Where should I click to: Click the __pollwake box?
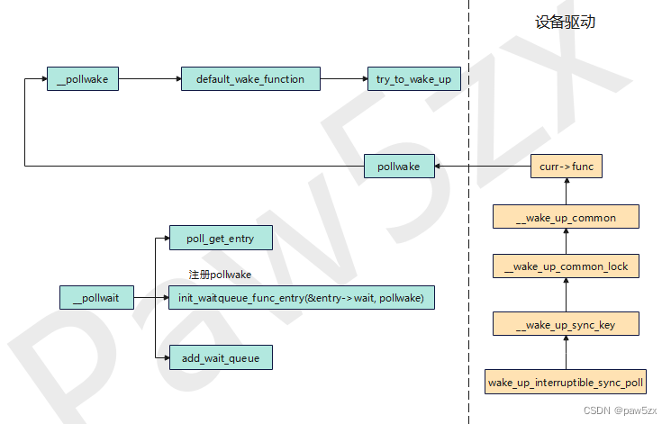tap(82, 79)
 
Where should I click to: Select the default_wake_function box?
tap(250, 79)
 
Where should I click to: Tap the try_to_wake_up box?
tap(414, 79)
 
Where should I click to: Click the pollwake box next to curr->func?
tap(399, 167)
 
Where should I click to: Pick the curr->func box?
tap(566, 167)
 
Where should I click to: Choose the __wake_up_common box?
tap(566, 217)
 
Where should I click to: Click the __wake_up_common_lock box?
tap(566, 266)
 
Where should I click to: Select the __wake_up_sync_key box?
tap(566, 324)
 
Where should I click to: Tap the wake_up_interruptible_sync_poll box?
tap(566, 382)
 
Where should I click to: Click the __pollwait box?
tap(96, 298)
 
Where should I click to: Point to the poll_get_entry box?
tap(220, 239)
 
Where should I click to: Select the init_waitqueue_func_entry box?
tap(301, 298)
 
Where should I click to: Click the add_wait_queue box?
tap(220, 358)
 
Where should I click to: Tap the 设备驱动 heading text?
tap(565, 23)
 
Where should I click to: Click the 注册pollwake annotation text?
tap(220, 275)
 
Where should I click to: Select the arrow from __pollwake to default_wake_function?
tap(150, 79)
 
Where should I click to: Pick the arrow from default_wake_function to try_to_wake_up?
tap(343, 79)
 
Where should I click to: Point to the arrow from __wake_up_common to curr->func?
tap(566, 191)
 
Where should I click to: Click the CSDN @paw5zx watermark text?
tap(621, 410)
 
